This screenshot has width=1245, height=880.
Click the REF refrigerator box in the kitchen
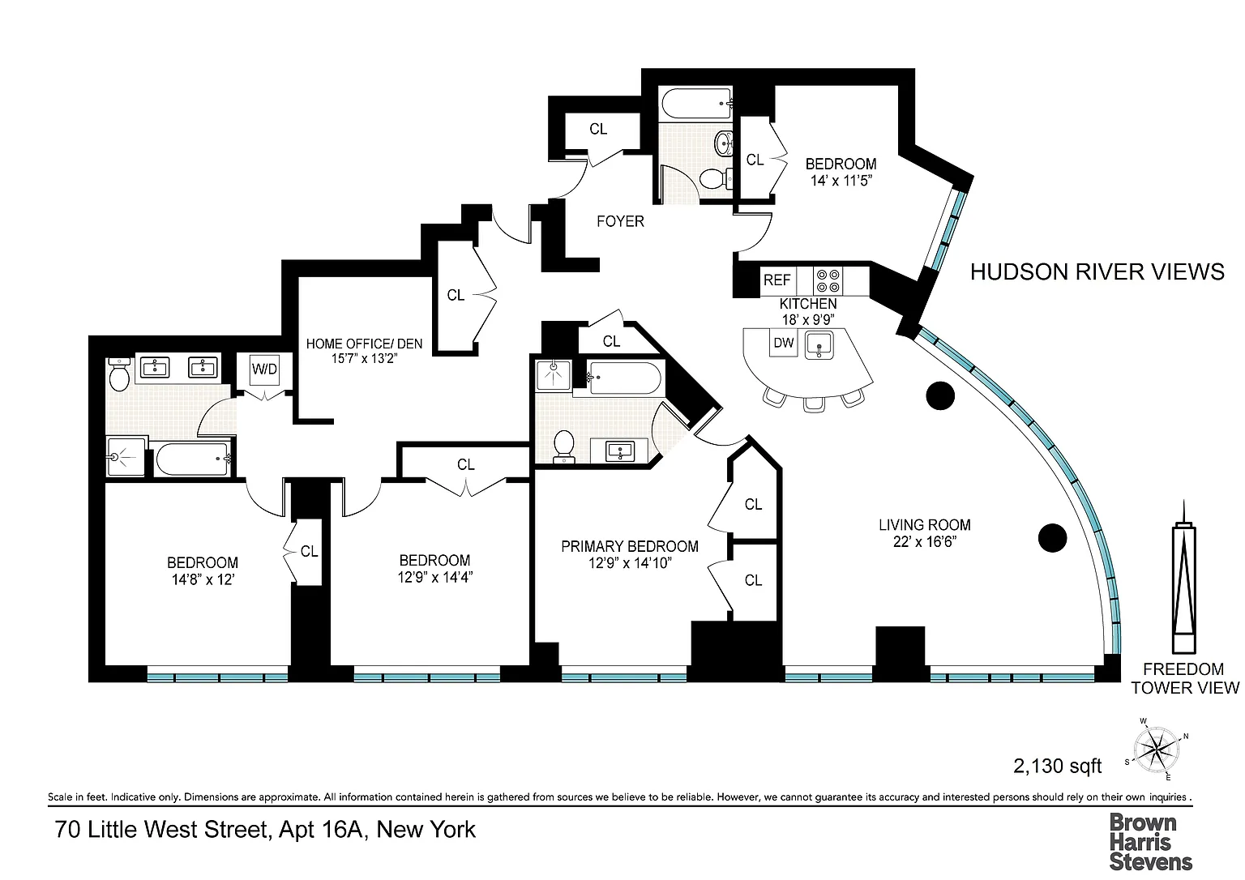pyautogui.click(x=778, y=280)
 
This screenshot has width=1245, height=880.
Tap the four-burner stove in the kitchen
pyautogui.click(x=828, y=280)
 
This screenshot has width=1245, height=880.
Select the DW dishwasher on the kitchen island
pyautogui.click(x=784, y=343)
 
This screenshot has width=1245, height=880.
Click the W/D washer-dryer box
pyautogui.click(x=264, y=370)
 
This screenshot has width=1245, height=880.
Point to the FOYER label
pyautogui.click(x=620, y=221)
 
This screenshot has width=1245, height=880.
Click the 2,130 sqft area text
pyautogui.click(x=1057, y=766)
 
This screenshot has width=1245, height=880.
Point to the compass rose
pyautogui.click(x=1156, y=749)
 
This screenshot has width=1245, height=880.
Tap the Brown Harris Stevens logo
pyautogui.click(x=1150, y=842)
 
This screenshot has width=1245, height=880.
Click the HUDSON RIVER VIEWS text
pyautogui.click(x=1097, y=271)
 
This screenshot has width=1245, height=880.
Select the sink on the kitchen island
pyautogui.click(x=819, y=345)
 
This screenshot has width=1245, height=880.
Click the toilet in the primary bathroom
pyautogui.click(x=565, y=446)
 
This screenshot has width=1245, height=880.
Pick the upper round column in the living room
pyautogui.click(x=940, y=395)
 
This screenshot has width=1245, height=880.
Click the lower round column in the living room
pyautogui.click(x=1052, y=537)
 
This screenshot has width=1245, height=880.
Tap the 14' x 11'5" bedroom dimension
pyautogui.click(x=841, y=181)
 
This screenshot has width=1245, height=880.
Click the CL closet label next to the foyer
pyautogui.click(x=598, y=129)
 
